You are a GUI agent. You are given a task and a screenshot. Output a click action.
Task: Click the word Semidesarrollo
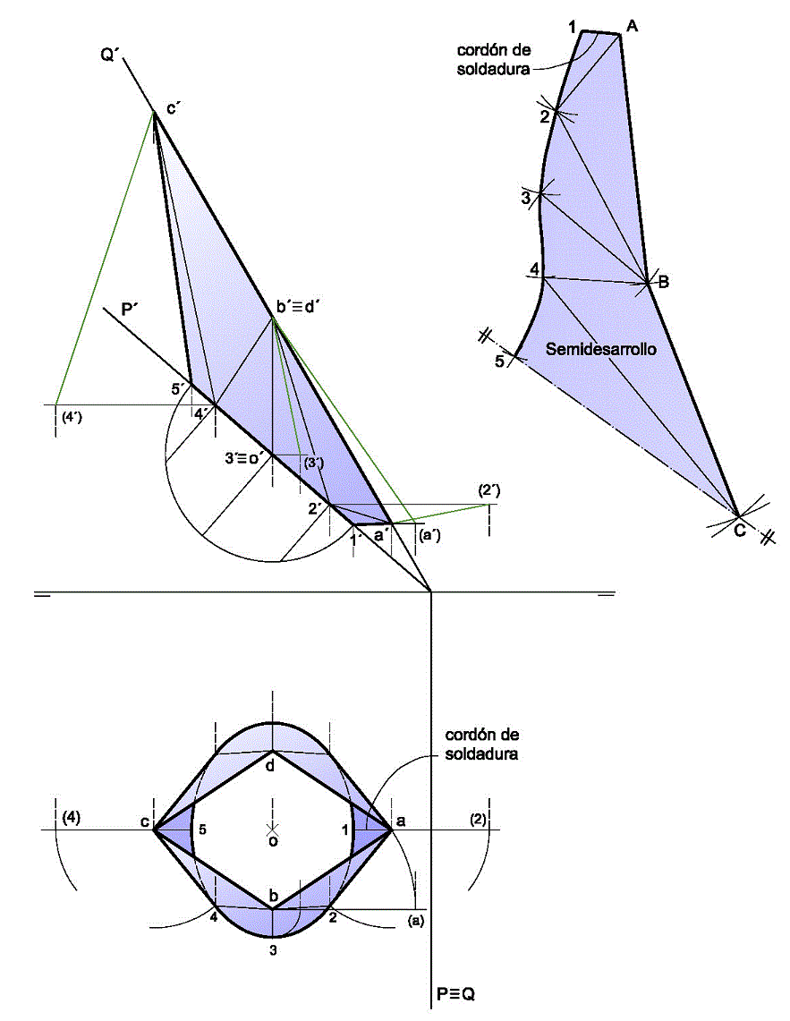[x=600, y=350]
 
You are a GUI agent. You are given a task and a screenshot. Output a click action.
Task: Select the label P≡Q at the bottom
[x=455, y=994]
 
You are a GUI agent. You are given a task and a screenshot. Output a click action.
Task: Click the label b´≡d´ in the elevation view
[x=296, y=307]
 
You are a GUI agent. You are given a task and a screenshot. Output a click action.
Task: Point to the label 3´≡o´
[x=243, y=458]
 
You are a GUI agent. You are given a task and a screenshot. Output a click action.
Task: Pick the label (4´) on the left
[x=72, y=417]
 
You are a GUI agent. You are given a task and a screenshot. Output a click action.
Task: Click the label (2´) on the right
[x=488, y=490]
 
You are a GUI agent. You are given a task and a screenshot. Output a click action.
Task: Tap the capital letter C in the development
[x=740, y=531]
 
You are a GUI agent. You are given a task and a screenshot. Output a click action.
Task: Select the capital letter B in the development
[x=664, y=282]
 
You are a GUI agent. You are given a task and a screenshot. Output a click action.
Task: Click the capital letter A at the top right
[x=632, y=27]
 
